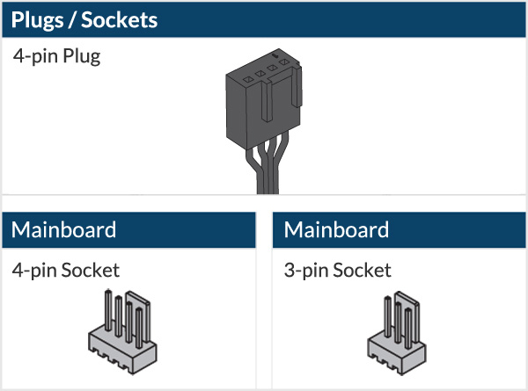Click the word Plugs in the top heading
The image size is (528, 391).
click(41, 18)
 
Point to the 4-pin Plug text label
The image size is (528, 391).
click(57, 59)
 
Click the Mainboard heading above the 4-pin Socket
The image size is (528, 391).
click(63, 230)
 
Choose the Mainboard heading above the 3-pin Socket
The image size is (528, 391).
click(336, 230)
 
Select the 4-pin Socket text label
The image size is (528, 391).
click(66, 270)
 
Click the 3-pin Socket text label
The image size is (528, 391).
click(338, 270)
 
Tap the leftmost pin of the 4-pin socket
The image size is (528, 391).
click(107, 311)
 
